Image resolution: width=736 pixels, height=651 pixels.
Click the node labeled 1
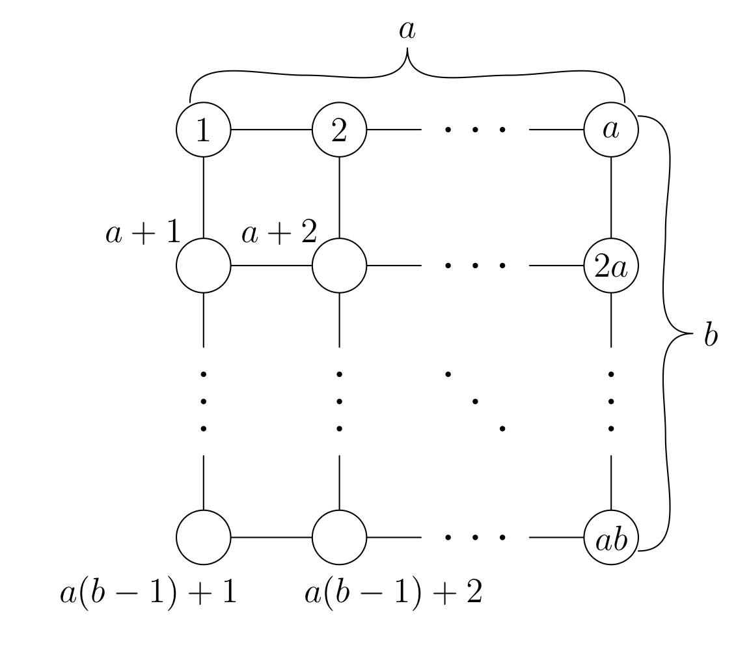coord(204,130)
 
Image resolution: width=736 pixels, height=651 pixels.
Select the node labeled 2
coord(339,130)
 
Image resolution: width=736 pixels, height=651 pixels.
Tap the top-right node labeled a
coord(611,130)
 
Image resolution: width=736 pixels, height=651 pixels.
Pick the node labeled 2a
coord(611,266)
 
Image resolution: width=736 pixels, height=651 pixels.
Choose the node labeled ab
coord(611,538)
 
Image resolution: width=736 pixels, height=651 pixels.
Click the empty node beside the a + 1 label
coord(204,266)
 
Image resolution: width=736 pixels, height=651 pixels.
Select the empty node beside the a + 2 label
coord(339,266)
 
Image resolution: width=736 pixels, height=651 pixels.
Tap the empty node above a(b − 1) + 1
coord(204,538)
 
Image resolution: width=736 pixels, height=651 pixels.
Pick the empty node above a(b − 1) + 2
coord(339,538)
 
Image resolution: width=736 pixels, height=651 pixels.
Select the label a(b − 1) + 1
coord(148,594)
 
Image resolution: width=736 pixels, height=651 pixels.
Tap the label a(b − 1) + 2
coord(393,594)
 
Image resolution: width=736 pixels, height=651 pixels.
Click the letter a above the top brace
coord(407,31)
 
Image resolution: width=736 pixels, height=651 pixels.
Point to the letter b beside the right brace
coord(711,338)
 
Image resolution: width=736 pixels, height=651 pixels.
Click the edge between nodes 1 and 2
coord(271,130)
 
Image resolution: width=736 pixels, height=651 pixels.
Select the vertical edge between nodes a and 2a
coord(611,197)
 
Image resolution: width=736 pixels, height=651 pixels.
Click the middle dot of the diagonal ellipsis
coord(475,401)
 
